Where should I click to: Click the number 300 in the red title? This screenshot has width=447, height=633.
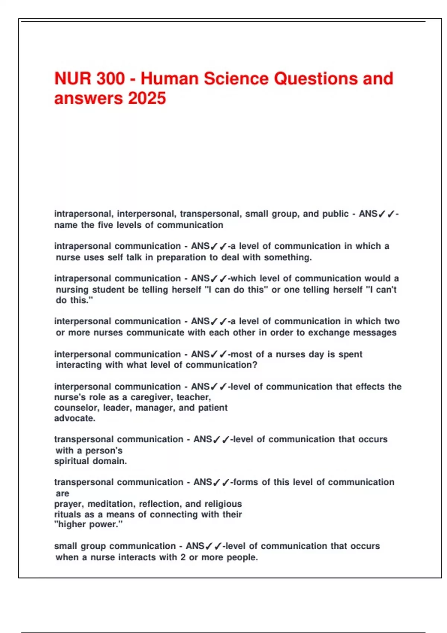[x=111, y=79]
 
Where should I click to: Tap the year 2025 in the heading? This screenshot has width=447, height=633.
[x=147, y=99]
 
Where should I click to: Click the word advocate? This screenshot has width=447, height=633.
[x=74, y=418]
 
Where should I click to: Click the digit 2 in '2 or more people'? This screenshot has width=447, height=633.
[x=183, y=557]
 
